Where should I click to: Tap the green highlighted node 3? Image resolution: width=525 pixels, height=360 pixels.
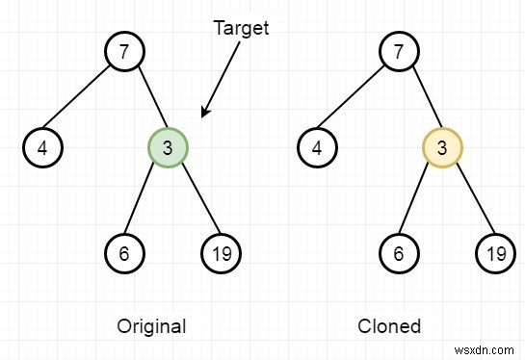(x=168, y=148)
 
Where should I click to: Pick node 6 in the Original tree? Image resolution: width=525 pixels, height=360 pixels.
(x=123, y=253)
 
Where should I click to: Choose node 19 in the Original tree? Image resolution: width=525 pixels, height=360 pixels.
(x=222, y=253)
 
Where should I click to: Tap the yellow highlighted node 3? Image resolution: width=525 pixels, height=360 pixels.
(x=442, y=148)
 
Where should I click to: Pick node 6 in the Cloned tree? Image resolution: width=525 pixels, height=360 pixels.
(x=398, y=253)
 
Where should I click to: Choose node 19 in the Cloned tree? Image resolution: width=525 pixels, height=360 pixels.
(x=496, y=253)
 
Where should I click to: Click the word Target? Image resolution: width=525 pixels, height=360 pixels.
(x=241, y=29)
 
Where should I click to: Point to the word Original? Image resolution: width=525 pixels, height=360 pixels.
(x=151, y=325)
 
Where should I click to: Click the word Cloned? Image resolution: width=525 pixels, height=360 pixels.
(x=389, y=325)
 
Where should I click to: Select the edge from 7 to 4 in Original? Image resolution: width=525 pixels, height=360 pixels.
(x=82, y=98)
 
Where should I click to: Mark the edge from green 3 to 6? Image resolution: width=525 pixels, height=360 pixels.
(x=145, y=200)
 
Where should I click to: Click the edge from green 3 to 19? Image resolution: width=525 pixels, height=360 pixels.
(x=195, y=200)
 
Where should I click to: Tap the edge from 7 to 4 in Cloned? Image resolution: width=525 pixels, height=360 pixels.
(x=356, y=98)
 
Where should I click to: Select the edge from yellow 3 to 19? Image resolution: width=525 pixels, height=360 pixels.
(x=469, y=200)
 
